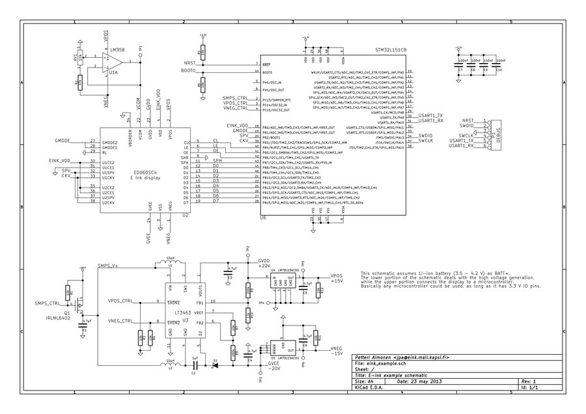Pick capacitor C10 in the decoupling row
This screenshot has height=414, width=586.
(498, 64)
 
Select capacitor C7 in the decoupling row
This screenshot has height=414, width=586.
(460, 64)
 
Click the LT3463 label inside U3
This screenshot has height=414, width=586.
(184, 314)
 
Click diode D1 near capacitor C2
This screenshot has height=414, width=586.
(215, 364)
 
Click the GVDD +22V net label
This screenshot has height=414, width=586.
(264, 263)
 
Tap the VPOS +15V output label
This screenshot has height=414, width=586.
(337, 277)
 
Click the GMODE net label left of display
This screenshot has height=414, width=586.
(63, 141)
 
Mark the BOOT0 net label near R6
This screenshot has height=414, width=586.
(188, 70)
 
